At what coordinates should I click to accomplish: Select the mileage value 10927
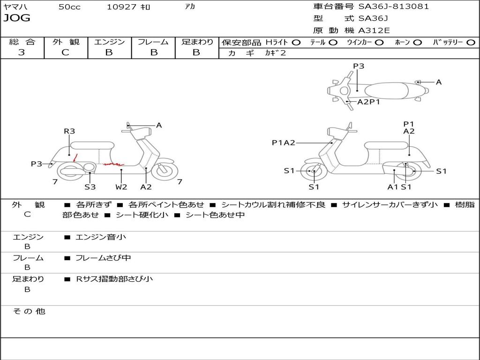(121, 7)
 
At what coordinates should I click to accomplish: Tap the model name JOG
(17, 18)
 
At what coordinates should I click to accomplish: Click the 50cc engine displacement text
(69, 7)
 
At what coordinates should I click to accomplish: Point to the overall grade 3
(22, 52)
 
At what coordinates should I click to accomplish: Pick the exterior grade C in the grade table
(66, 52)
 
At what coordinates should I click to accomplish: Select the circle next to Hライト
(296, 43)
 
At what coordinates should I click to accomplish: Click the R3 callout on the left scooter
(69, 131)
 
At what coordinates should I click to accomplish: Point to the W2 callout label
(121, 187)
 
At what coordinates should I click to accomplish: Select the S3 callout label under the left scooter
(90, 187)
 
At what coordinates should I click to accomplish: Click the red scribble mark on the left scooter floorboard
(114, 164)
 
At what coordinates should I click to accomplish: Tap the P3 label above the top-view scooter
(359, 66)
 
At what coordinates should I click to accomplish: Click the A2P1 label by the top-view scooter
(368, 102)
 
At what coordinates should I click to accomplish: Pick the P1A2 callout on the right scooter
(284, 142)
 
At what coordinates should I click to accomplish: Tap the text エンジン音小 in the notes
(101, 237)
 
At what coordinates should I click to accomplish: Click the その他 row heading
(29, 311)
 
